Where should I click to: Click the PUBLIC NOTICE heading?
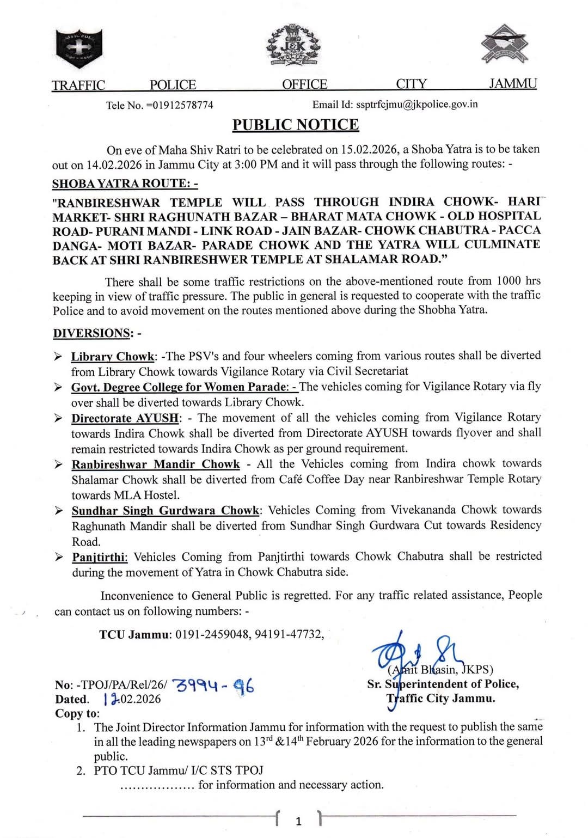[x=296, y=125]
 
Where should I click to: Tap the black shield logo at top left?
[x=79, y=46]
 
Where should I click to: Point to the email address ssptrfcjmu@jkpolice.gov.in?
[x=416, y=104]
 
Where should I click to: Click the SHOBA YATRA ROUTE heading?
[x=125, y=184]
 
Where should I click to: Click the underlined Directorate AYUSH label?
[x=125, y=418]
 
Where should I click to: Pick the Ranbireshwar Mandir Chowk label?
[x=156, y=464]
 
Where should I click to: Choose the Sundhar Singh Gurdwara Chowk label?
[x=166, y=511]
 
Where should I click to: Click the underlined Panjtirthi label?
[x=100, y=558]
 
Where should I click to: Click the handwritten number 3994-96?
[x=213, y=686]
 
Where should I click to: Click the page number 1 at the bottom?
[x=298, y=821]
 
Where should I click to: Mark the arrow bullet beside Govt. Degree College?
[x=58, y=388]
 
